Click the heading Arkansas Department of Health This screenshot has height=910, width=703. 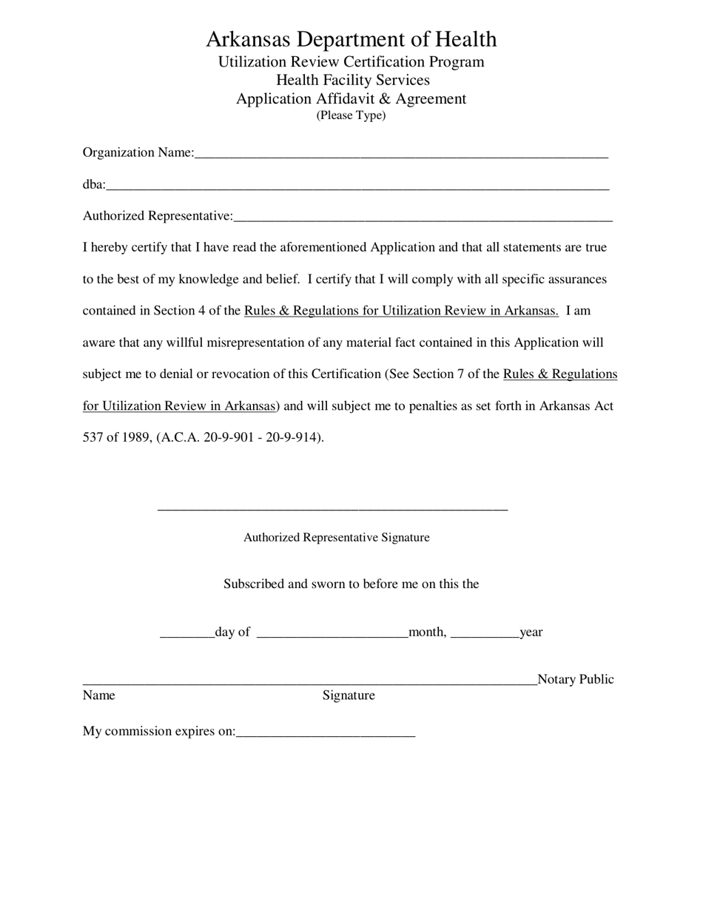(x=351, y=39)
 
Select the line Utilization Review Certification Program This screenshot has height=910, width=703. (x=351, y=62)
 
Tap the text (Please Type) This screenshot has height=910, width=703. (x=351, y=115)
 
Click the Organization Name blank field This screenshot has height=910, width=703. (x=401, y=154)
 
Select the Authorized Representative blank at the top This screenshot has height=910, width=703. (x=423, y=218)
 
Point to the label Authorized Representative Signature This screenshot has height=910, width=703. (x=336, y=538)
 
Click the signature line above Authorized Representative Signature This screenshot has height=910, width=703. (x=332, y=508)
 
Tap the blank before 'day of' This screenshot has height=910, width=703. (x=187, y=633)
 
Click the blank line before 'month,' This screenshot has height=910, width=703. (x=332, y=633)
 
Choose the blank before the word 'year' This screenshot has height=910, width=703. (x=485, y=633)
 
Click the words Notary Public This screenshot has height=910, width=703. (x=576, y=679)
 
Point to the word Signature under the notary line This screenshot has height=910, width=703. (x=349, y=695)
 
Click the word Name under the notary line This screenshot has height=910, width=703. (x=98, y=695)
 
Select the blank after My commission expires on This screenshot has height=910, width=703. (x=326, y=733)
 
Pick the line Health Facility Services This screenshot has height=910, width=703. (x=352, y=80)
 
